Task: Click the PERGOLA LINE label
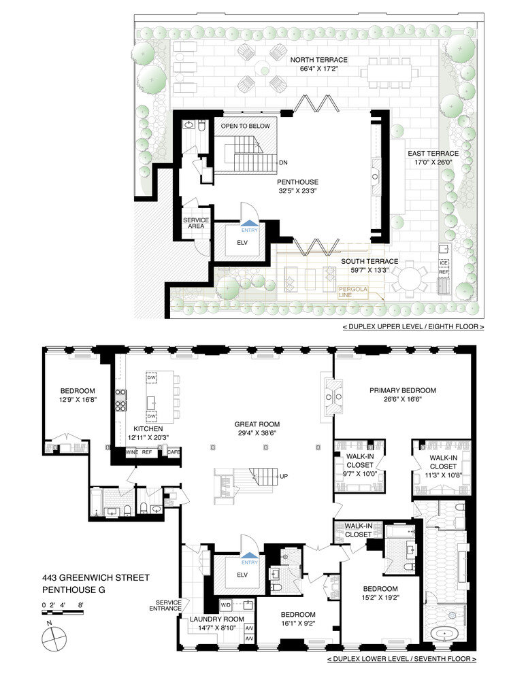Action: point(352,292)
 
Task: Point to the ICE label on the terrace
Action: point(444,262)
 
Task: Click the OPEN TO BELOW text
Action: point(245,126)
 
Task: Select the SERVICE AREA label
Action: point(195,223)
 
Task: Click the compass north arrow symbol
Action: point(53,639)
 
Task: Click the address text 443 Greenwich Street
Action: point(97,578)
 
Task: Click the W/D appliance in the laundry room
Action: point(225,604)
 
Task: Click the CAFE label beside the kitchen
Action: point(174,452)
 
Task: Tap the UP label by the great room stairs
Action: point(283,477)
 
